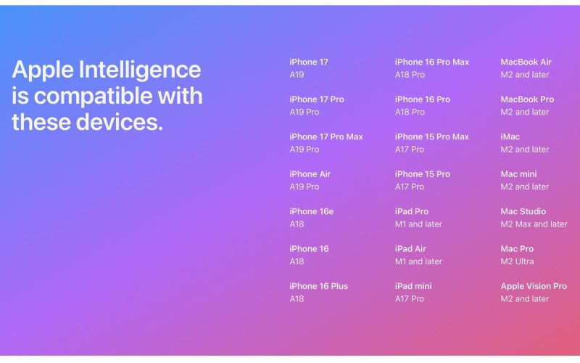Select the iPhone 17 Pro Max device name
[x=326, y=136]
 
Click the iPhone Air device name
[x=310, y=174]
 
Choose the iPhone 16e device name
[x=311, y=211]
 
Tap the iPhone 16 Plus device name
[x=318, y=286]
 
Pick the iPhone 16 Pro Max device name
[x=431, y=62]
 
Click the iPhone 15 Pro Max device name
[x=431, y=136]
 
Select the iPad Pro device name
[x=411, y=211]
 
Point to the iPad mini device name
[x=413, y=286]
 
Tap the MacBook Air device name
[x=526, y=62]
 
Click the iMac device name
[x=510, y=136]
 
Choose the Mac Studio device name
[x=523, y=211]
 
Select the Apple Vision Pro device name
[x=534, y=286]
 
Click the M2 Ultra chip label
[x=516, y=261]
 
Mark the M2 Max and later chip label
[x=534, y=224]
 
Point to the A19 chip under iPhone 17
[x=297, y=75]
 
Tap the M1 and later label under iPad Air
[x=418, y=261]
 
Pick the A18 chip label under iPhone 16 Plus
[x=297, y=298]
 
